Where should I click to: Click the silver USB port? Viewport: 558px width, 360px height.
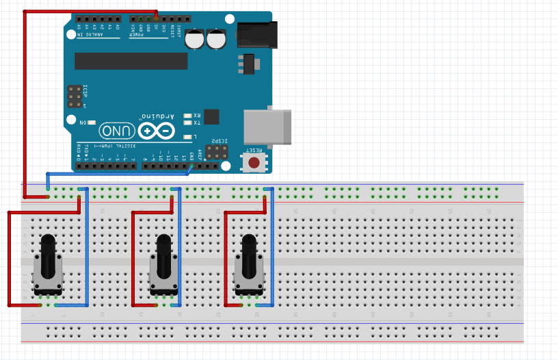click(267, 127)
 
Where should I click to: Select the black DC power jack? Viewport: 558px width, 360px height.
click(257, 35)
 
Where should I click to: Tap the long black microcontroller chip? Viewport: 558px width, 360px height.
click(131, 61)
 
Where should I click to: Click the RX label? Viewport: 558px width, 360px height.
click(197, 115)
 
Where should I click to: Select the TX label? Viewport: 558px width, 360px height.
click(197, 123)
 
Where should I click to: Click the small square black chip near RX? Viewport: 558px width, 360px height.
click(211, 116)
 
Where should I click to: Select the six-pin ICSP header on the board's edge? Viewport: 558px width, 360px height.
click(74, 97)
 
